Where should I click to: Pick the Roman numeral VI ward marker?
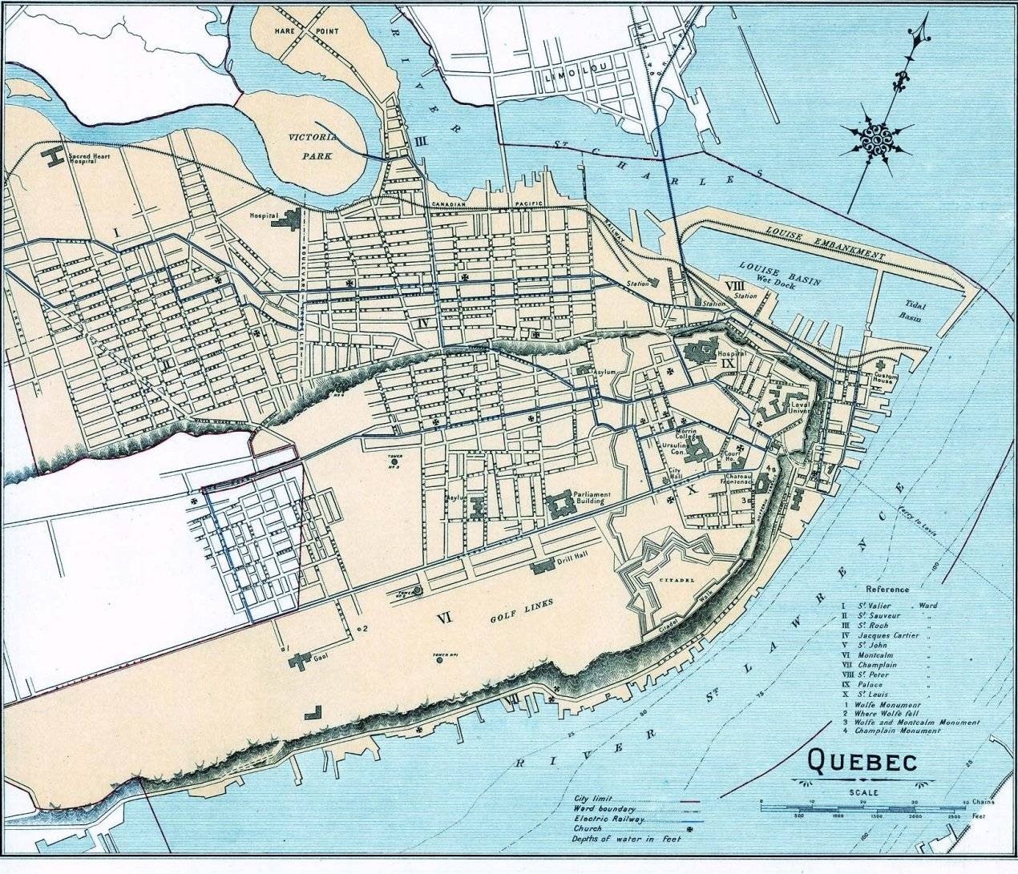point(445,617)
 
